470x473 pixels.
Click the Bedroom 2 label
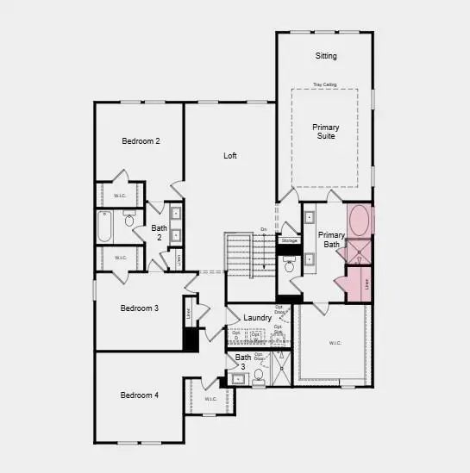pyautogui.click(x=141, y=140)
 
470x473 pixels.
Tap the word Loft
pyautogui.click(x=230, y=156)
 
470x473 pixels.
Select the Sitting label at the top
pyautogui.click(x=325, y=56)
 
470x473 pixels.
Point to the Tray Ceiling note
pyautogui.click(x=325, y=84)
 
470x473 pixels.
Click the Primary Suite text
pyautogui.click(x=325, y=131)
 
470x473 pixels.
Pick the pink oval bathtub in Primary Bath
pyautogui.click(x=360, y=221)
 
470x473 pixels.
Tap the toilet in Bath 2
pyautogui.click(x=129, y=221)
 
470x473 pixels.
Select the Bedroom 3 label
pyautogui.click(x=140, y=308)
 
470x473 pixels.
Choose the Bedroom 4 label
pyautogui.click(x=140, y=395)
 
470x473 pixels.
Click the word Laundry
pyautogui.click(x=258, y=318)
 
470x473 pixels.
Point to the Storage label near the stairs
pyautogui.click(x=289, y=240)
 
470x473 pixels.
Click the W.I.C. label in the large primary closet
pyautogui.click(x=335, y=343)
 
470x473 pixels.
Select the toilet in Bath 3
pyautogui.click(x=258, y=375)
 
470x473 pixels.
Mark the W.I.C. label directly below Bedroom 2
pyautogui.click(x=120, y=196)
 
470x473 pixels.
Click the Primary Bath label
pyautogui.click(x=331, y=240)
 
